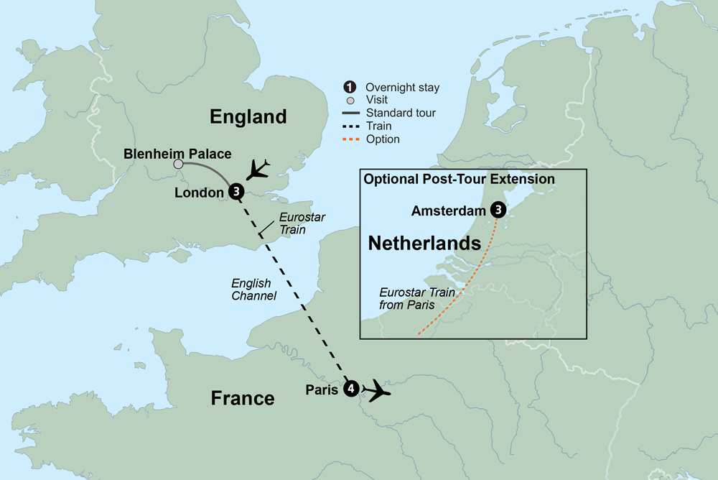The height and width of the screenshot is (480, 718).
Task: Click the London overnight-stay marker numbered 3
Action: pos(236,192)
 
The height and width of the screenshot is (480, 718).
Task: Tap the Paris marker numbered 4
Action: pos(350,389)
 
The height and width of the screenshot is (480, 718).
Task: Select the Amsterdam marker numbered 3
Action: pos(498,211)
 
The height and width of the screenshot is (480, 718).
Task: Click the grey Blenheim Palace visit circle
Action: pos(178,165)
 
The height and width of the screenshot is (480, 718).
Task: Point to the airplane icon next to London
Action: pos(259,170)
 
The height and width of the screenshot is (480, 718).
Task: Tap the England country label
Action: pos(248,116)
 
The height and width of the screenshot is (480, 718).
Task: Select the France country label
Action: pos(242,397)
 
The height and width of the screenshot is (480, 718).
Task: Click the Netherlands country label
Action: pos(424,243)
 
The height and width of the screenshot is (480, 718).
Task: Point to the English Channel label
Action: pos(253,289)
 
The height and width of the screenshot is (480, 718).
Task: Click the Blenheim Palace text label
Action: pos(177,153)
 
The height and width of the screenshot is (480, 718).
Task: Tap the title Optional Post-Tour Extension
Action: pos(459,179)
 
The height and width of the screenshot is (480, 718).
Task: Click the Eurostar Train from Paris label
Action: pos(416,299)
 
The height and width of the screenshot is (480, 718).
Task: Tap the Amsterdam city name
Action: pos(449,211)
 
